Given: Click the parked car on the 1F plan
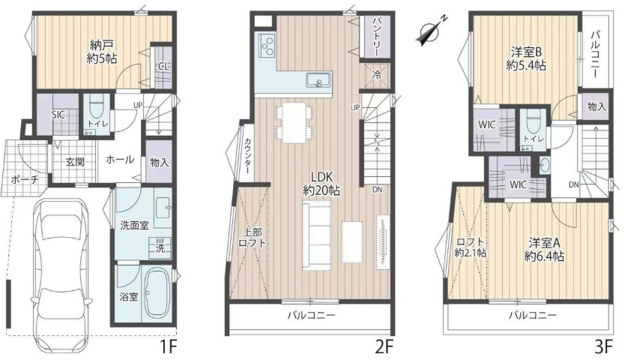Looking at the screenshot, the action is (61, 272).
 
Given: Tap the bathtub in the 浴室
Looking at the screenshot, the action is (157, 293).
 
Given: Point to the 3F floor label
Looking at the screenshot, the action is (603, 346).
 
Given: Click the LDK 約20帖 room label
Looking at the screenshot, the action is (321, 183).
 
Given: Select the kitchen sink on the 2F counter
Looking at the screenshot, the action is (318, 79).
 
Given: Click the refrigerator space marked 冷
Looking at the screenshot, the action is (376, 74).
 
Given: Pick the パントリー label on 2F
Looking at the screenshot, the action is (375, 37).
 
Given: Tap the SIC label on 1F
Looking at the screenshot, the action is (58, 115).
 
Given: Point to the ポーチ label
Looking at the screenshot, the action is (25, 179).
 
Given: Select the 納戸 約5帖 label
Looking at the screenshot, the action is (102, 52).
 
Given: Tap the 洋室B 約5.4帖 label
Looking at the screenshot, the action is (526, 58).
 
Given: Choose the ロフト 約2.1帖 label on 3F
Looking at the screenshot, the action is (470, 247).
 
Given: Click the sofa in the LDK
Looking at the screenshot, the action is (316, 236).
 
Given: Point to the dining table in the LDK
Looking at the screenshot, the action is (294, 123).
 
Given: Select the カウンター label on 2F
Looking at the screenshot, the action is (248, 155).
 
